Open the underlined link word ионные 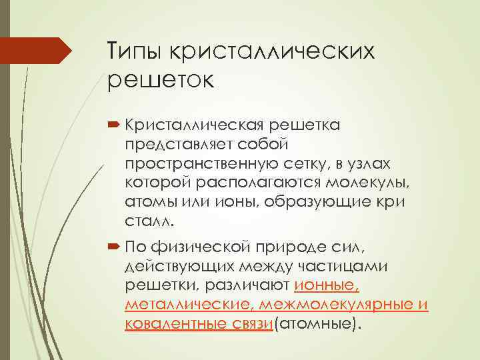point(327,286)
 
